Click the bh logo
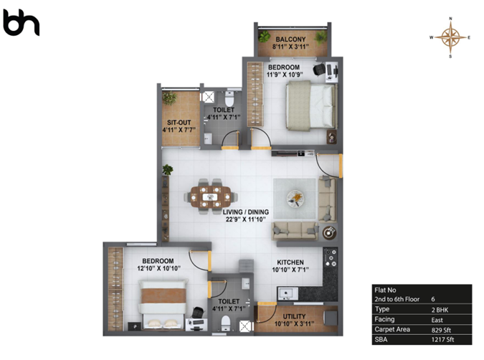(x=21, y=23)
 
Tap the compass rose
(x=450, y=37)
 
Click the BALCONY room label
(x=290, y=39)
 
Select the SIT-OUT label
(x=179, y=122)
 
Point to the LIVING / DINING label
(x=246, y=212)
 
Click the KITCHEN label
(x=290, y=262)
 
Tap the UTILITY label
(x=294, y=316)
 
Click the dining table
(x=211, y=196)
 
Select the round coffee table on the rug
(x=295, y=198)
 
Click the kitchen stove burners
(x=331, y=257)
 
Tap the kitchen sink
(x=288, y=293)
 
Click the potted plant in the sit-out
(x=169, y=98)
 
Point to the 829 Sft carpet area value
(x=441, y=330)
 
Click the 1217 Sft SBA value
(x=442, y=340)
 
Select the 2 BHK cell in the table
(x=440, y=310)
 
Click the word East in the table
(x=437, y=320)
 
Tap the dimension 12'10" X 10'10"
(x=158, y=268)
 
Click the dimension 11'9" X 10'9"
(x=285, y=75)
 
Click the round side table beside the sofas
(x=330, y=233)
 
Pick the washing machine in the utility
(x=331, y=318)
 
